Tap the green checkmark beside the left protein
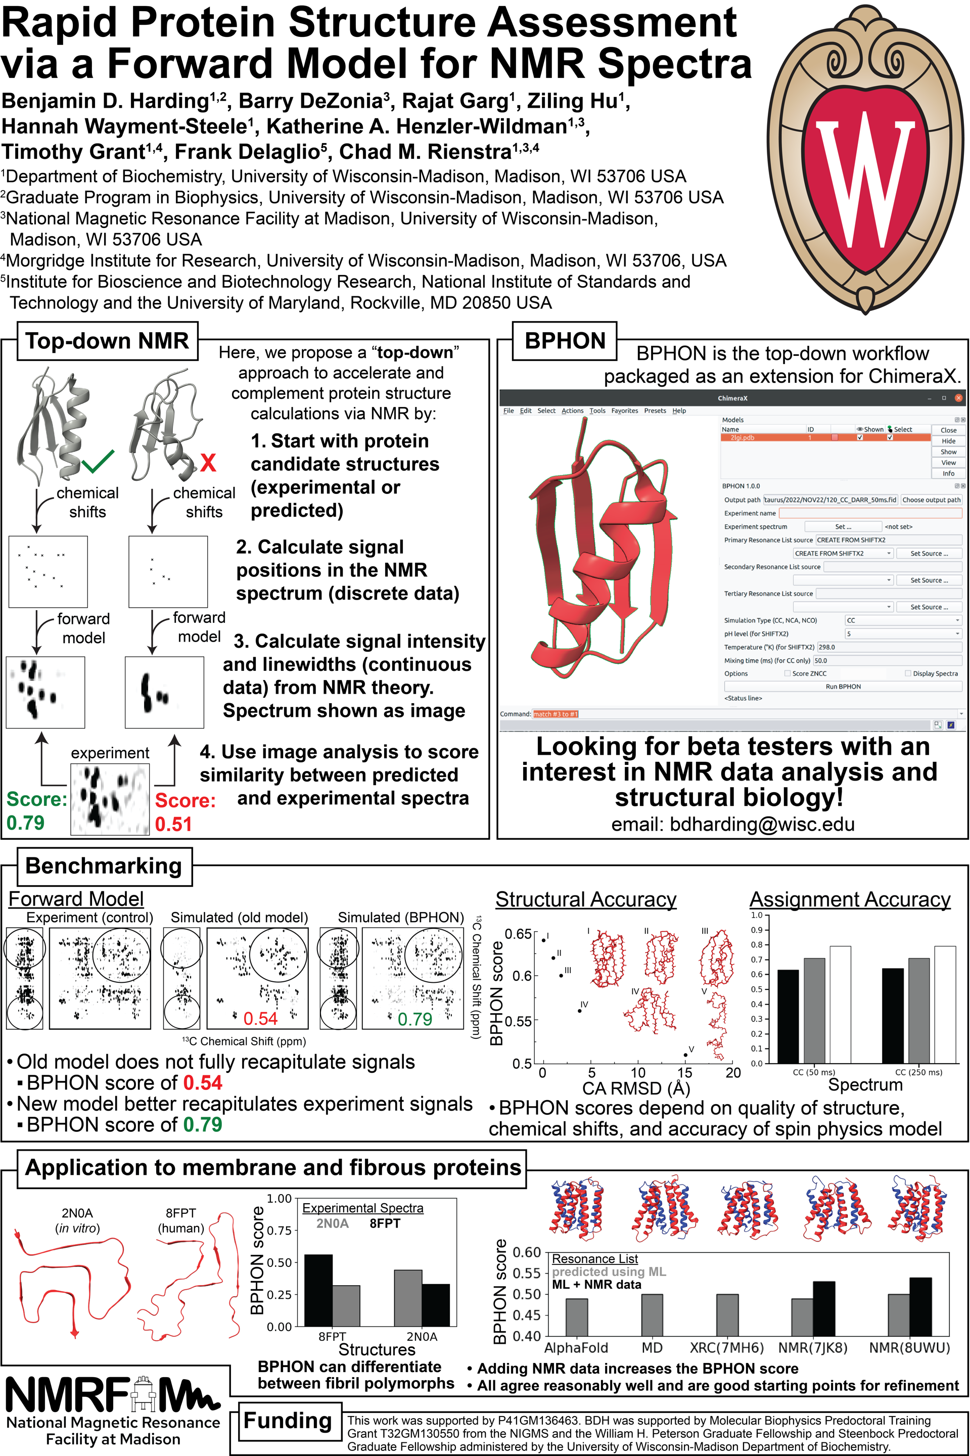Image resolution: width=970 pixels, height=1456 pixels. coord(98,461)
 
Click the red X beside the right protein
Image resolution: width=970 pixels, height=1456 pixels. coord(208,463)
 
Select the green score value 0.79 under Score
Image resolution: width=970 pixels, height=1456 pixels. coord(25,823)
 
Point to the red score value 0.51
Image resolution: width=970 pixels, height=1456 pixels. coord(173,824)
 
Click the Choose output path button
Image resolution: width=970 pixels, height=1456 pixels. coord(931,499)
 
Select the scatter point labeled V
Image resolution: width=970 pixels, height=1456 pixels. coord(685,1055)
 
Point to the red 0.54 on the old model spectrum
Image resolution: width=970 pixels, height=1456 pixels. coord(260,1019)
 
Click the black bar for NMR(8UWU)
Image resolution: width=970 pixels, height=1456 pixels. coord(920,1307)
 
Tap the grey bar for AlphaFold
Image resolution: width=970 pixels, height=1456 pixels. coord(577,1317)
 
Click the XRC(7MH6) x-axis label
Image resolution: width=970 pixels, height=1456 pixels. coord(726,1348)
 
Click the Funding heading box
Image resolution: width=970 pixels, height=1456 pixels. coord(288,1421)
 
